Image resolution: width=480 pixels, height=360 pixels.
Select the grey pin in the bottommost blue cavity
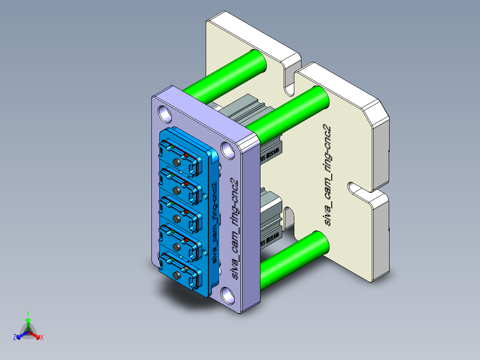point(177,274)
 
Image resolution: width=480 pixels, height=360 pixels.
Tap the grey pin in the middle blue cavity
point(177,219)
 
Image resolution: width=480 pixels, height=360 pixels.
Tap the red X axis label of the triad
point(42,338)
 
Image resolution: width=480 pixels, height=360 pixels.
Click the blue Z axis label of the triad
point(14,338)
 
